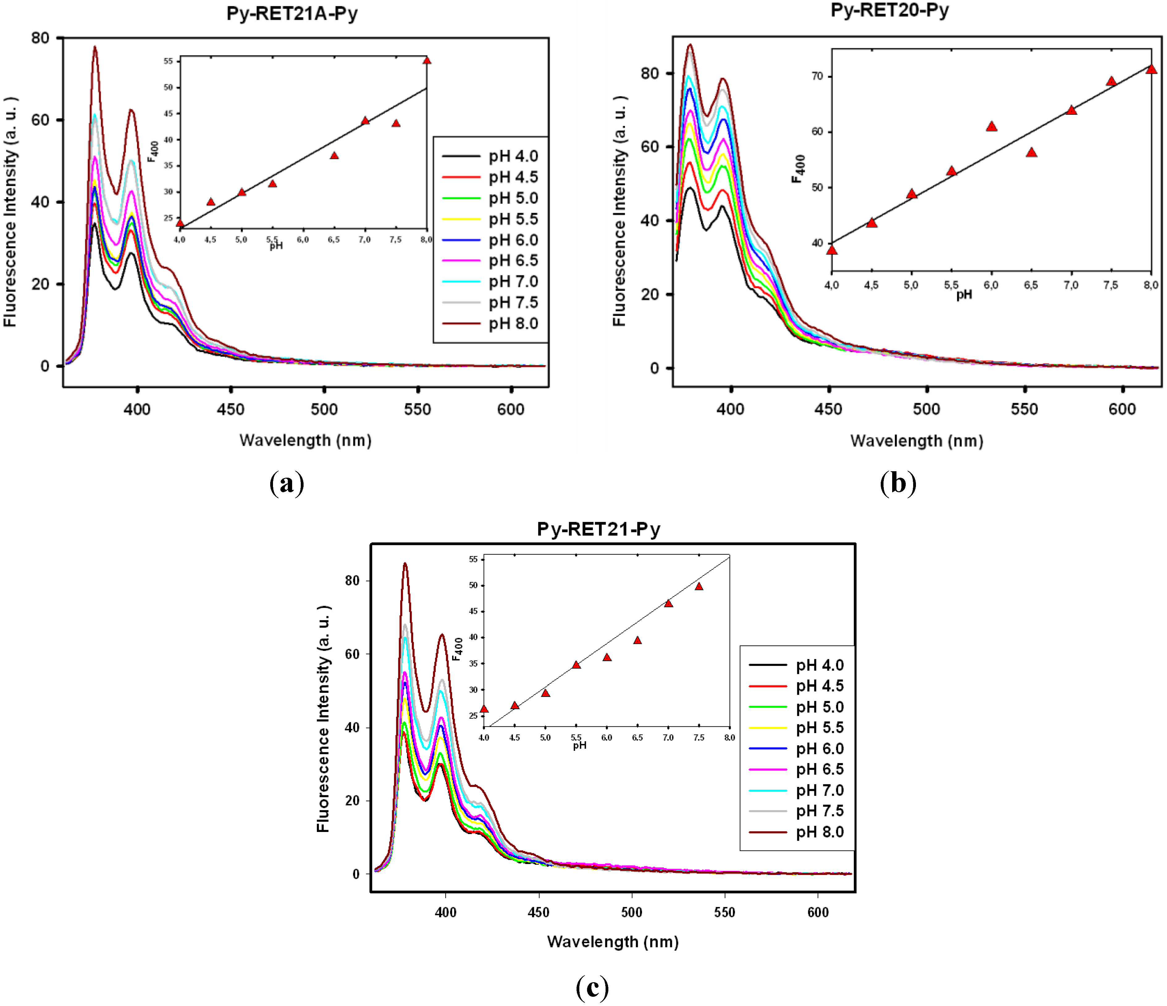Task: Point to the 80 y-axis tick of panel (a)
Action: coord(40,38)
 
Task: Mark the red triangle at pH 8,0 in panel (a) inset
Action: coord(427,60)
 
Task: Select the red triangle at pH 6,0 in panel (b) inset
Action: coord(992,126)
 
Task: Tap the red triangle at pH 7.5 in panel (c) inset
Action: coord(699,587)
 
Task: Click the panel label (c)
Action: coord(592,986)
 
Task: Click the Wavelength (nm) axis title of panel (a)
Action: coord(305,440)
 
